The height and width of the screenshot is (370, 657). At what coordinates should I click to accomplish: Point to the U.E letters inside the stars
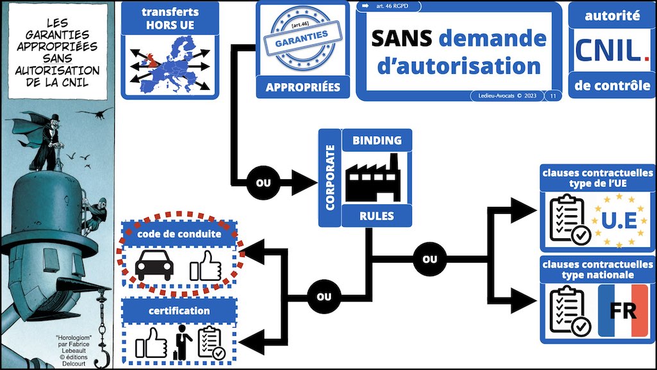[618, 220]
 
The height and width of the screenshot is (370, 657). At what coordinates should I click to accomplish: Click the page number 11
[553, 96]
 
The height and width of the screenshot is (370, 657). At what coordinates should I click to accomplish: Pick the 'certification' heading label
[180, 311]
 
